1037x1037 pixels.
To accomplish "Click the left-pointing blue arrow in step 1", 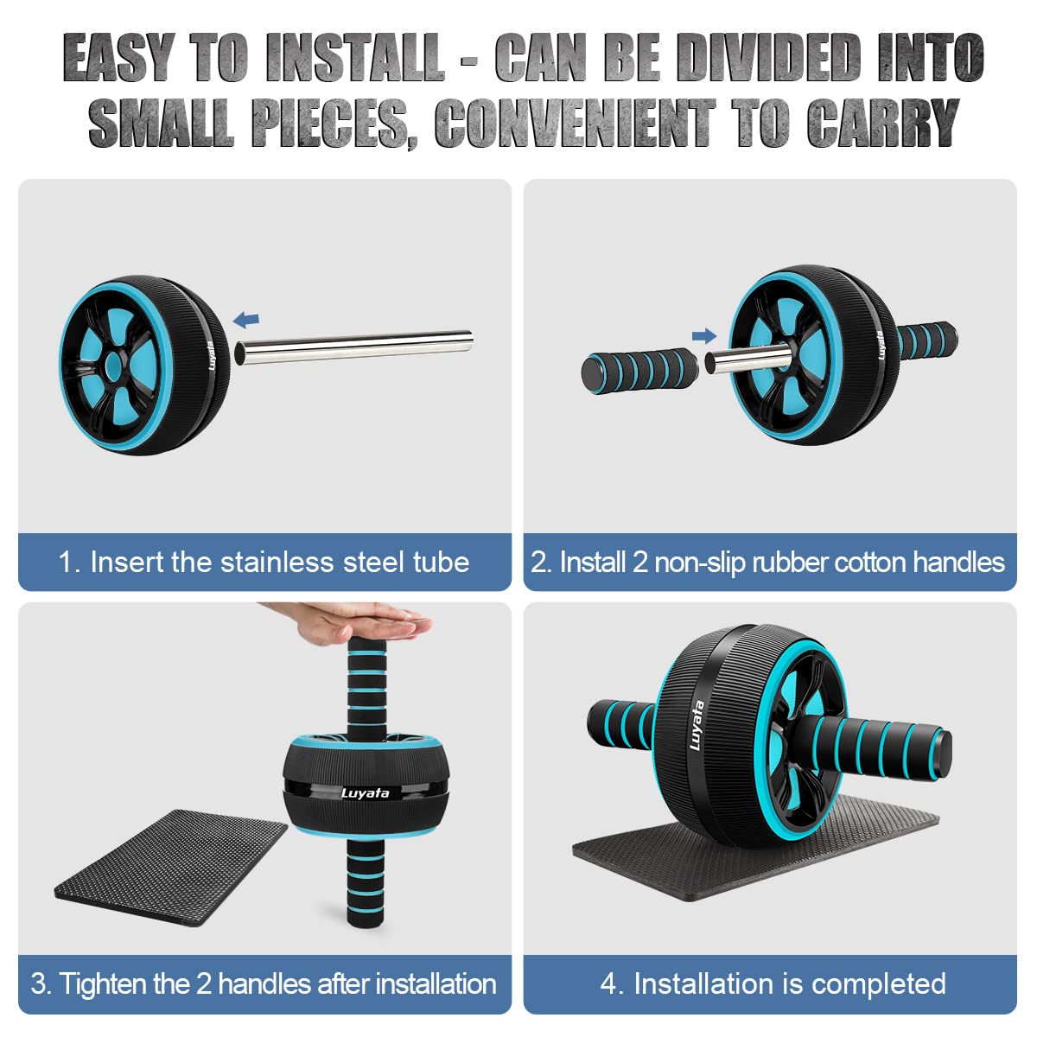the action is [x=246, y=320].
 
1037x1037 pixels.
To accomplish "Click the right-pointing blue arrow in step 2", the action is [x=704, y=336].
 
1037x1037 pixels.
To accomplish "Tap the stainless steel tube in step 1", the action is [x=353, y=347].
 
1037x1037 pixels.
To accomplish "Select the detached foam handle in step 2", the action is [x=639, y=372].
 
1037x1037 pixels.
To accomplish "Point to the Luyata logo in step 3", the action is [x=365, y=793].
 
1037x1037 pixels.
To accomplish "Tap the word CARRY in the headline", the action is [x=883, y=123].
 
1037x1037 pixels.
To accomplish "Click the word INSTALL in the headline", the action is [x=356, y=58].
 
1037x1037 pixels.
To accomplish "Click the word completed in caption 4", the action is [x=878, y=984].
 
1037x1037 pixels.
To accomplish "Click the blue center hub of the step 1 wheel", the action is [x=114, y=366].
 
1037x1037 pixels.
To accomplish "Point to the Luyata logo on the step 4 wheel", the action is [x=697, y=725].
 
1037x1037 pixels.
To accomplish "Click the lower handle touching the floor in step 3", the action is [x=366, y=881].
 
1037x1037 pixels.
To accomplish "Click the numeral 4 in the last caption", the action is [x=608, y=984].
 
